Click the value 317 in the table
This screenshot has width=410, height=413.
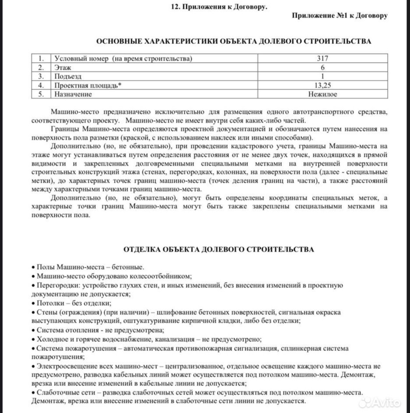(x=322, y=58)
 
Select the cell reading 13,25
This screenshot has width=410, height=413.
(x=322, y=85)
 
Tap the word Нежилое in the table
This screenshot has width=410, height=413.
(x=322, y=94)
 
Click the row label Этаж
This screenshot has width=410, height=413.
(x=63, y=68)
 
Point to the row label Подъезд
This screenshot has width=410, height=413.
(x=68, y=76)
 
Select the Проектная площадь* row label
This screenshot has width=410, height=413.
(x=88, y=85)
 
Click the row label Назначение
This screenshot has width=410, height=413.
(x=73, y=94)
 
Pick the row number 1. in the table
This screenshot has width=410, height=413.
(x=41, y=58)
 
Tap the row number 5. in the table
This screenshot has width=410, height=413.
(x=41, y=94)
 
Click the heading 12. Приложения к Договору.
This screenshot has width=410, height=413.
(x=219, y=7)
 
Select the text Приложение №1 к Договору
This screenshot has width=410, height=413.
(x=340, y=16)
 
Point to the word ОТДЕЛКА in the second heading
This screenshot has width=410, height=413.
(x=139, y=249)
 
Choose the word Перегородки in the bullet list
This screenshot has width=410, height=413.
(x=55, y=285)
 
